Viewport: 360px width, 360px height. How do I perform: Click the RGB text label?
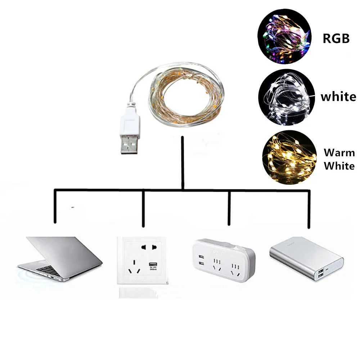pos(336,38)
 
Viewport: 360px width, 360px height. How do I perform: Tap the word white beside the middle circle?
pos(338,96)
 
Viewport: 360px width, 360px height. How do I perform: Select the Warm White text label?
pos(339,159)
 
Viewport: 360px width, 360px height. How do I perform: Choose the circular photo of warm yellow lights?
pos(289,157)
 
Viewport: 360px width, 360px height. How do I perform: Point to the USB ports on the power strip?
pos(200,261)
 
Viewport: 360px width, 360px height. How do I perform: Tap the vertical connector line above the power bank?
pos(309,209)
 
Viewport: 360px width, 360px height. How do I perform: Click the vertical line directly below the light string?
pos(183,162)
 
